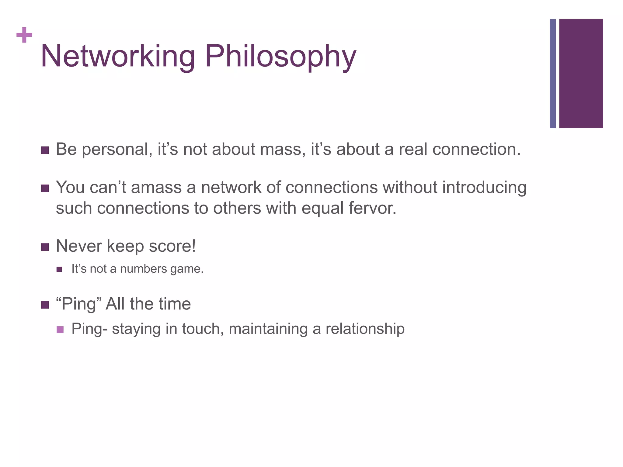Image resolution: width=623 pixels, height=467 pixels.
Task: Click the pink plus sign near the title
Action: click(x=24, y=35)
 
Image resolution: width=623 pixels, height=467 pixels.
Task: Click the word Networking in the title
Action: click(x=117, y=56)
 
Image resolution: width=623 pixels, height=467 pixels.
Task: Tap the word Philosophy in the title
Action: click(x=280, y=57)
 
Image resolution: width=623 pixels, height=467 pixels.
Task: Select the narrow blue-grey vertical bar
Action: click(x=553, y=74)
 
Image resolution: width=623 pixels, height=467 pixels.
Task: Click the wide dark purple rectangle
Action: click(x=581, y=74)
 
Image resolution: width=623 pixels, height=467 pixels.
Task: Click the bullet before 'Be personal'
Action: click(x=45, y=150)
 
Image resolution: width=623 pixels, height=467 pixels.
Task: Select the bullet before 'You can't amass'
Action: click(x=45, y=189)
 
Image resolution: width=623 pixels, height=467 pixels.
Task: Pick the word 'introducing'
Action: click(x=484, y=188)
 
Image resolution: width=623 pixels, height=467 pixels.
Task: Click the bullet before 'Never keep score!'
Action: click(x=45, y=247)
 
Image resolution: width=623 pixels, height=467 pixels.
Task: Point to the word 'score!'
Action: click(x=172, y=246)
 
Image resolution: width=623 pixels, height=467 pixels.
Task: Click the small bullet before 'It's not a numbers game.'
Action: click(x=59, y=269)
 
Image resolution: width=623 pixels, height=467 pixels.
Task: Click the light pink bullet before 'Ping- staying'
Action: click(x=60, y=329)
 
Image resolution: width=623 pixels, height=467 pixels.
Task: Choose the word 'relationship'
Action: click(x=365, y=329)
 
